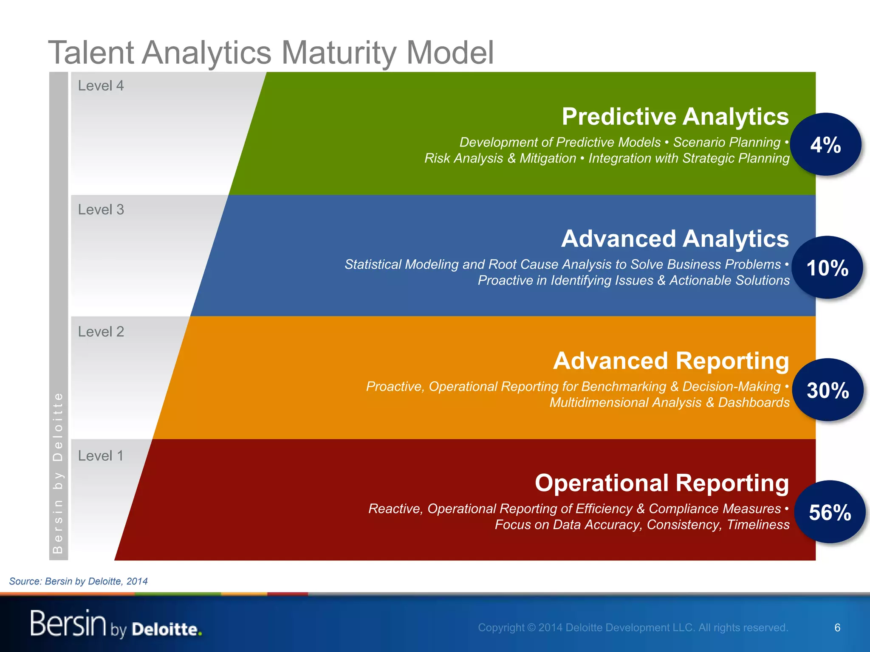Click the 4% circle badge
pos(825,145)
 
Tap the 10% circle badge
pos(827,268)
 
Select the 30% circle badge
pos(828,390)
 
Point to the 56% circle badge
pos(830,512)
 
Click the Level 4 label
pos(101,86)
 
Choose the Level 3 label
pos(101,210)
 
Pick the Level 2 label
pos(101,332)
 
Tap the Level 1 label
pos(101,456)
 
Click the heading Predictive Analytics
pos(675,116)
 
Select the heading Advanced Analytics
pos(675,239)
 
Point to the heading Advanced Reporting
pos(671,361)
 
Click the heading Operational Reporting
pos(661,483)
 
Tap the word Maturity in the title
pos(339,53)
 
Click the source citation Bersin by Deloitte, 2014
pos(79,581)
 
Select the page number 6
pos(837,627)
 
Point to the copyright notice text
pos(633,627)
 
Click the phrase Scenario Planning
pos(727,142)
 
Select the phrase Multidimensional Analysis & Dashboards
pos(669,402)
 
